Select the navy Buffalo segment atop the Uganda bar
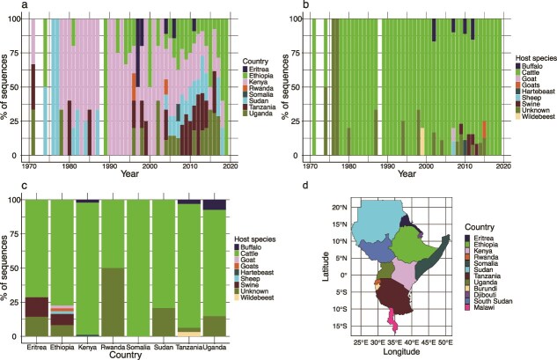pyautogui.click(x=212, y=204)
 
